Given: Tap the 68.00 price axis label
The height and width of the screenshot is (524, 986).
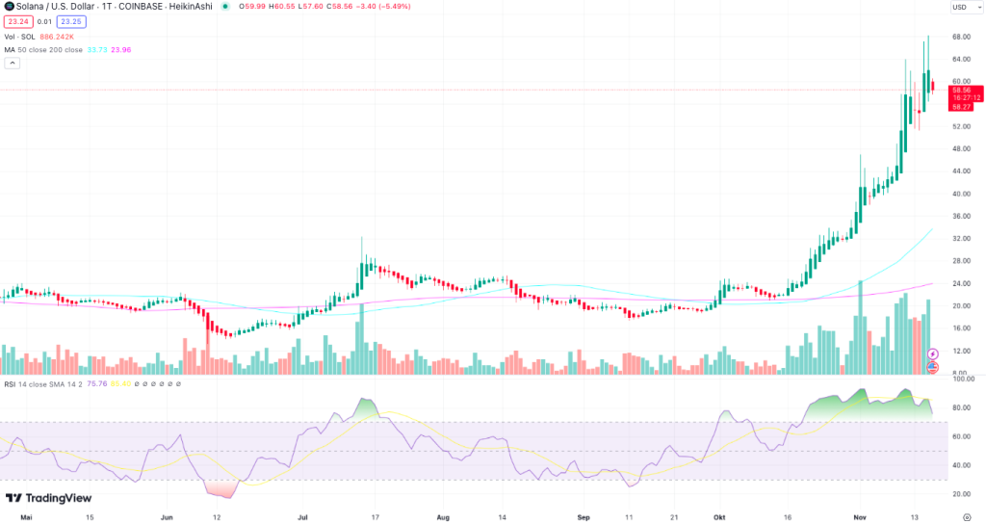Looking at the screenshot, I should pyautogui.click(x=959, y=38).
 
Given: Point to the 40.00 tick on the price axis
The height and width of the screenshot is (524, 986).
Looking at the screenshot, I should pyautogui.click(x=959, y=194).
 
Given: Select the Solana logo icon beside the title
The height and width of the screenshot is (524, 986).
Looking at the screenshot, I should pyautogui.click(x=9, y=8).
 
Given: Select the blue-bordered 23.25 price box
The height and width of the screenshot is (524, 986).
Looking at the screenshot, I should pyautogui.click(x=70, y=22).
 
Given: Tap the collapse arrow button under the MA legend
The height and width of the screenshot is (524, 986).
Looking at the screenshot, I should pyautogui.click(x=12, y=63).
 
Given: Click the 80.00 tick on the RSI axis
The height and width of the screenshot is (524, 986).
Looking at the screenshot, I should pyautogui.click(x=959, y=407).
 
